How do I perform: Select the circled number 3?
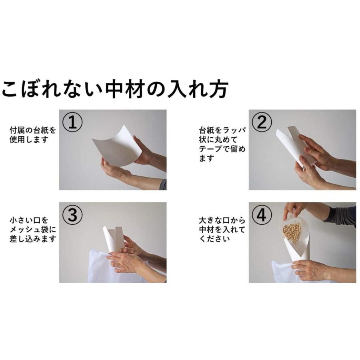(72, 215)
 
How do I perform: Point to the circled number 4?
(262, 215)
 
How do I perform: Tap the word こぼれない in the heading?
(52, 89)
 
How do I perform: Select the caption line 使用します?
(29, 140)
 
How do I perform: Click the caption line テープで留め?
(222, 149)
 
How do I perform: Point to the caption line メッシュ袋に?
(33, 229)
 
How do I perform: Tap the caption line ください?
(214, 239)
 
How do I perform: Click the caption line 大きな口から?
(222, 220)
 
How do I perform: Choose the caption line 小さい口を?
(29, 220)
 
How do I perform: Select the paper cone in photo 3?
(113, 239)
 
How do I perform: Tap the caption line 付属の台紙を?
(33, 130)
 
